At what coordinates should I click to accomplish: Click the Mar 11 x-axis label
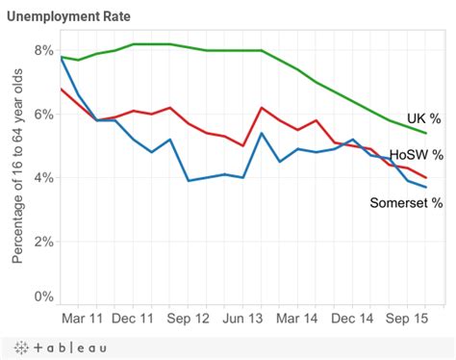click(83, 319)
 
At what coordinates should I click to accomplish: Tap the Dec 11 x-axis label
click(135, 319)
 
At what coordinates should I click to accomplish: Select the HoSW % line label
click(416, 154)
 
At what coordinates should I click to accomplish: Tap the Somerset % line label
click(406, 202)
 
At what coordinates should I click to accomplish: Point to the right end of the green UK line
click(426, 132)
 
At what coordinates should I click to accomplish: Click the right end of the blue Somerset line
click(426, 187)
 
